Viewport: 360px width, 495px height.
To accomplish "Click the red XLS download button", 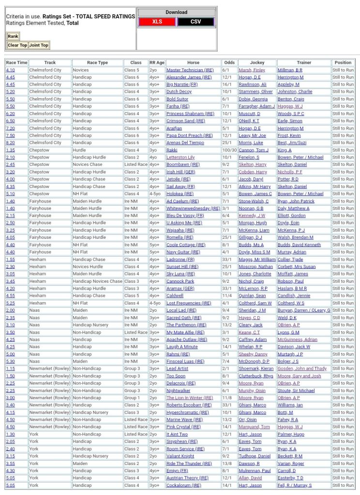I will (x=157, y=22).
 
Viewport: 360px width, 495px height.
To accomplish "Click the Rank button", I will (x=13, y=36).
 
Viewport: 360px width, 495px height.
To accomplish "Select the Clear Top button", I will (x=17, y=45).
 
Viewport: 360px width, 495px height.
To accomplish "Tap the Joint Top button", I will (x=39, y=45).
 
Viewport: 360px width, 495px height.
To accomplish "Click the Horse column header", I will (x=193, y=63).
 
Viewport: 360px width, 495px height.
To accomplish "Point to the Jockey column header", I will (x=257, y=63).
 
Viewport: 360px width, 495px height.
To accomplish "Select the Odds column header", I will (x=229, y=63).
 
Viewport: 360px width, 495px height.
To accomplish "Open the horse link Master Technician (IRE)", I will (x=190, y=70).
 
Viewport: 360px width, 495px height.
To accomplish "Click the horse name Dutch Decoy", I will (x=179, y=92).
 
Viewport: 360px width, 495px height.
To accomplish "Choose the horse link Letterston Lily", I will (x=180, y=158).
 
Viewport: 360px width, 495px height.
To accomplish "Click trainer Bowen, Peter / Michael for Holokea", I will (x=300, y=194).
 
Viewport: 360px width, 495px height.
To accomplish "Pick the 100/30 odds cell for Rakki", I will (x=229, y=150).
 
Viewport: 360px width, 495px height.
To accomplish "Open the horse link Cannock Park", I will (x=180, y=281).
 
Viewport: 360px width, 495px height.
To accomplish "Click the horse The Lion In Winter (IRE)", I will (x=190, y=398).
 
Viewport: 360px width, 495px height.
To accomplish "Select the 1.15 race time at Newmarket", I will (x=10, y=369).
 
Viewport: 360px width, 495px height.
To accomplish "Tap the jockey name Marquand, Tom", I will (x=254, y=427).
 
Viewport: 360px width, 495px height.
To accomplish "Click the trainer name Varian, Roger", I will (x=290, y=464).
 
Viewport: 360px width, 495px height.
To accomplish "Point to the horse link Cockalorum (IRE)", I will (x=184, y=485).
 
